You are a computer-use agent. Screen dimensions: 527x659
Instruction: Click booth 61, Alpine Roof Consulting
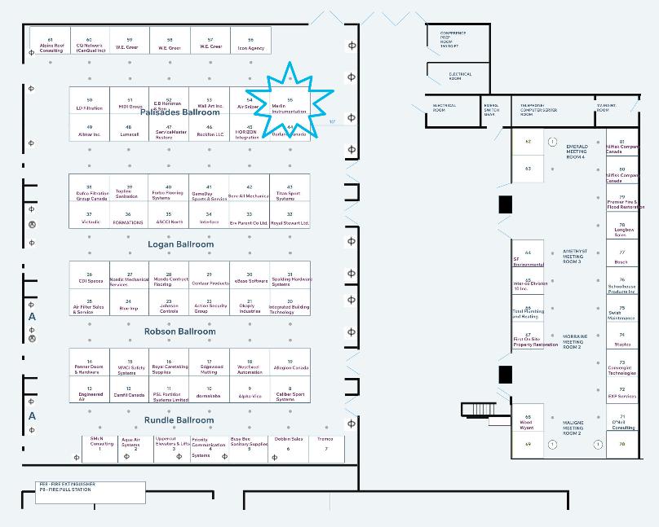[51, 45]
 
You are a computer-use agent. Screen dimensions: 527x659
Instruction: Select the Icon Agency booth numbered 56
[250, 45]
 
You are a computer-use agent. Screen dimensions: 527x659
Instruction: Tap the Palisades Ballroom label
[179, 112]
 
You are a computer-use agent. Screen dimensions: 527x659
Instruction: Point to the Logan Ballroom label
[180, 244]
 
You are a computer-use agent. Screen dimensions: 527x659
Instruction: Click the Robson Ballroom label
[179, 332]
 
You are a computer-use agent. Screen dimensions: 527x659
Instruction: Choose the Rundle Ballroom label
[179, 420]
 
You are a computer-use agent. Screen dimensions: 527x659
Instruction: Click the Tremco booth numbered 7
[325, 444]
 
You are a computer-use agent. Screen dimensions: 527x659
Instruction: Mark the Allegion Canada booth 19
[290, 365]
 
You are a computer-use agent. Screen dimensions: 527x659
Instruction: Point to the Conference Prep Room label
[453, 39]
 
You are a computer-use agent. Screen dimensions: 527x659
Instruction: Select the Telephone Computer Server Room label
[539, 110]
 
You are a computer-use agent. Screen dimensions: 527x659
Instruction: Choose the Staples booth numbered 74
[622, 339]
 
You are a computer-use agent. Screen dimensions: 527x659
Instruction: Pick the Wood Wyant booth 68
[527, 422]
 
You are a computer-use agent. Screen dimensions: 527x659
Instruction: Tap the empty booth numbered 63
[528, 169]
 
